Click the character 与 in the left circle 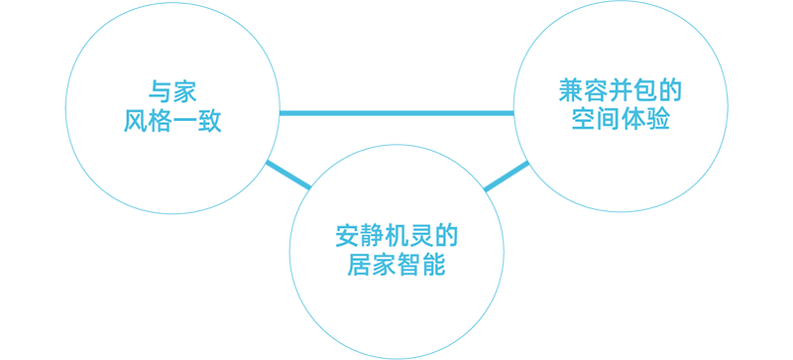coord(160,91)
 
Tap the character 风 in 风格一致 coord(136,121)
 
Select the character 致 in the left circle coord(209,121)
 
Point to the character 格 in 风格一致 coord(161,121)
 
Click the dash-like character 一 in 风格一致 coord(184,122)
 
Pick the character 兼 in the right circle coord(571,90)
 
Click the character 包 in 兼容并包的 coord(645,90)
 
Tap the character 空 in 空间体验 coord(584,118)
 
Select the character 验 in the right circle coord(657,118)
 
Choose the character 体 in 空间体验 coord(632,118)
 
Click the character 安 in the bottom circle coord(348,235)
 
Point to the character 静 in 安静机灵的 coord(372,235)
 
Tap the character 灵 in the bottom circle coord(421,235)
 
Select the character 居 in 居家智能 coord(360,264)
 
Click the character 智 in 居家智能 coord(408,264)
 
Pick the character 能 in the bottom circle coord(433,264)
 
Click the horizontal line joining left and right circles coord(396,113)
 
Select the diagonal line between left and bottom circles coord(288,175)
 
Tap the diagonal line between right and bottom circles coord(507,177)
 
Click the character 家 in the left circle coord(184,91)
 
